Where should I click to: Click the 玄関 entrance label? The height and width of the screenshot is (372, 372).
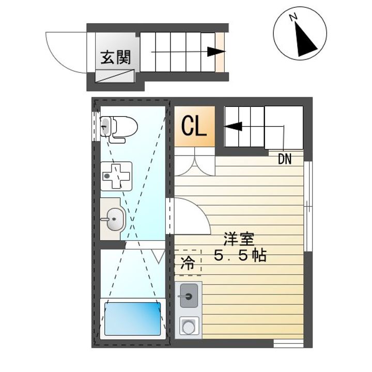pos(116,57)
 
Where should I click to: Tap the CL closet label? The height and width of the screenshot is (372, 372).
pos(194,126)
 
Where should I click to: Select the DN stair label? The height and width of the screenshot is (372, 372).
pos(285,159)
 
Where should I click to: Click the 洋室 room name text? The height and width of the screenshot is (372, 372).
pos(239,239)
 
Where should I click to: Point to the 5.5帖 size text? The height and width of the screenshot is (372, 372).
pos(240,255)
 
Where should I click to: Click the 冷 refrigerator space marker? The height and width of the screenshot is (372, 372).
pos(188,263)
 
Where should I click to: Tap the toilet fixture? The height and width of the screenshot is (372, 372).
pos(119,130)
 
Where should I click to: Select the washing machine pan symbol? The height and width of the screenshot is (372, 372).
pos(116,176)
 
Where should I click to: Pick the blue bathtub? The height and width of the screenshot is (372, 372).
pos(133,319)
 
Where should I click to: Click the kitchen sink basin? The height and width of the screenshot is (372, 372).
pos(189,296)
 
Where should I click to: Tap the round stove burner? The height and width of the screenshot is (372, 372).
pos(189,327)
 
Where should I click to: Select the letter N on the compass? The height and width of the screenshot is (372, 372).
pos(293,18)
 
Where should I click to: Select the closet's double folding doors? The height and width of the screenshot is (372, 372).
pos(195,162)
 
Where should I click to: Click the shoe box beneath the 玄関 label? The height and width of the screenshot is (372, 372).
pos(115,76)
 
